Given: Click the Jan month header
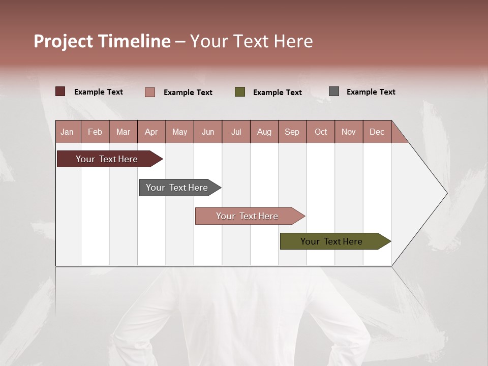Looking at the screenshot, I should [68, 132].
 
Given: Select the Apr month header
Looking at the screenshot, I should [151, 132].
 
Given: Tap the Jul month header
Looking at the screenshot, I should [236, 132].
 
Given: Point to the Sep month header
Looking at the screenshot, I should [292, 132].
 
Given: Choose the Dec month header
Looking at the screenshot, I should [377, 132].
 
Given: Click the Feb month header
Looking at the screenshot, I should [95, 132].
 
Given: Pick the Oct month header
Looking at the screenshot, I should [321, 132].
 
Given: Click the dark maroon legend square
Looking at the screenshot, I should [60, 91].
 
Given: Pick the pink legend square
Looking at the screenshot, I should [150, 92].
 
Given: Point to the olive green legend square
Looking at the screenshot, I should [240, 92].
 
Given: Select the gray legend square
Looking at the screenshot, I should [334, 91].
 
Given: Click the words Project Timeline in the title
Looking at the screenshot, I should [102, 41].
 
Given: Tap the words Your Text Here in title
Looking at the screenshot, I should [252, 41].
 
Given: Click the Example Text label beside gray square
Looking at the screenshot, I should [371, 92].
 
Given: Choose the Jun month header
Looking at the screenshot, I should [208, 132].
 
